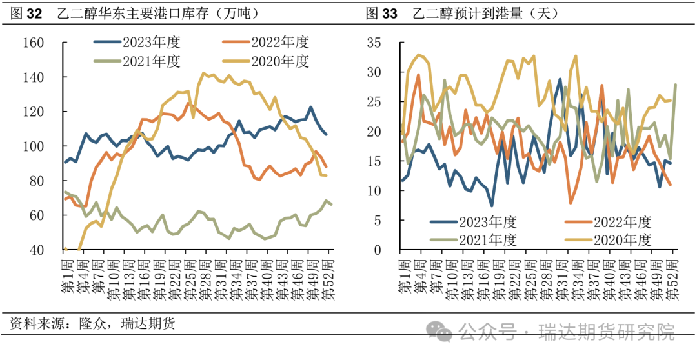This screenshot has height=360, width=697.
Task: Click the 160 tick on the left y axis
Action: [x=51, y=43]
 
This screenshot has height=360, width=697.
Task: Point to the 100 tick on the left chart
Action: [x=51, y=146]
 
